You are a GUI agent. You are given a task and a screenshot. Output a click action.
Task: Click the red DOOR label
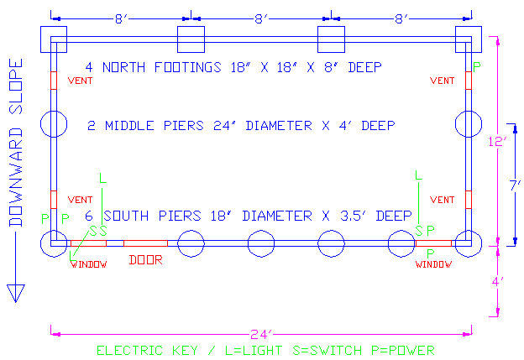point(145,259)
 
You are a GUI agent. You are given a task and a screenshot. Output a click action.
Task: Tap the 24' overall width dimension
point(259,333)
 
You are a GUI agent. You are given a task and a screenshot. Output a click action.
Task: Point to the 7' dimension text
point(515,183)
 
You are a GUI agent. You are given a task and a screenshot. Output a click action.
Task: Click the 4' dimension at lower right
point(498,282)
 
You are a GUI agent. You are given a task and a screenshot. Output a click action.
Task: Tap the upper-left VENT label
point(80,81)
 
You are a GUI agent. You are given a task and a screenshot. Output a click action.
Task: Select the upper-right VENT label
point(443,81)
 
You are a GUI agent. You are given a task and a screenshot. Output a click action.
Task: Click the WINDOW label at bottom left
point(88,264)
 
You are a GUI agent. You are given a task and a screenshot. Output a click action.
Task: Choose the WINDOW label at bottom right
point(434,264)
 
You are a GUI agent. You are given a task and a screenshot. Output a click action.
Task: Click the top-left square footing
point(53,39)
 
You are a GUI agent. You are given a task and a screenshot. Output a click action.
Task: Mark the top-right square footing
point(469,39)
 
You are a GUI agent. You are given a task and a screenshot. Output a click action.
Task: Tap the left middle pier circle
point(53,124)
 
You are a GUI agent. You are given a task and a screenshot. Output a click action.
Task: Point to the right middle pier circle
point(468,124)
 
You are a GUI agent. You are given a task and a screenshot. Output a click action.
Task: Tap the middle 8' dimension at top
point(261,17)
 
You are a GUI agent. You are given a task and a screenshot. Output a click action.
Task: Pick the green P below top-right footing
point(478,66)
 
